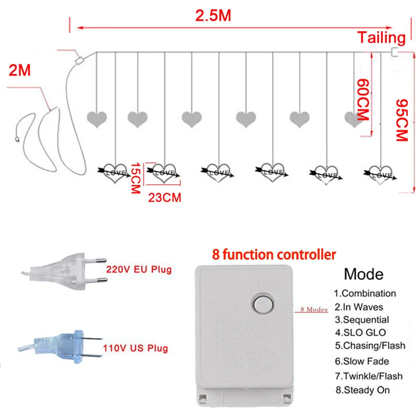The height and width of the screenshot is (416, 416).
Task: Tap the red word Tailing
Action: pyautogui.click(x=381, y=37)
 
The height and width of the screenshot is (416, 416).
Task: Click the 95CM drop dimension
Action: pyautogui.click(x=401, y=120)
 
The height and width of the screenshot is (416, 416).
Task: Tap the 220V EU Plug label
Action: pyautogui.click(x=138, y=270)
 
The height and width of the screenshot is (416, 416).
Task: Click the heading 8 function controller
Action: pyautogui.click(x=274, y=255)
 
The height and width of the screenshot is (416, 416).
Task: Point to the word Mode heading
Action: pyautogui.click(x=363, y=274)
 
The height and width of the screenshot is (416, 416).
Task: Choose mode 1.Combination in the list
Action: pyautogui.click(x=365, y=293)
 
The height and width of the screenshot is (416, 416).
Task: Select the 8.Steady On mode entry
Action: pyautogui.click(x=362, y=389)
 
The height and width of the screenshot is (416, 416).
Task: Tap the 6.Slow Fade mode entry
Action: pyautogui.click(x=361, y=361)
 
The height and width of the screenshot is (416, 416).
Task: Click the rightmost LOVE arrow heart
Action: pyautogui.click(x=380, y=175)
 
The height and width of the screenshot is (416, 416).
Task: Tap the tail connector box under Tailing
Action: pyautogui.click(x=394, y=52)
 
